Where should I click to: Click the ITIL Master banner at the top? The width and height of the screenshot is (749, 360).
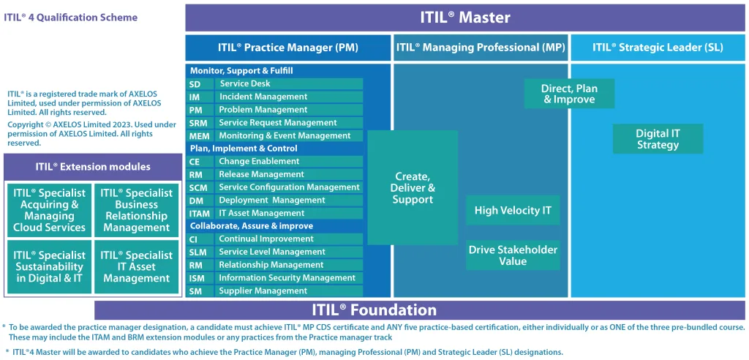[465, 18]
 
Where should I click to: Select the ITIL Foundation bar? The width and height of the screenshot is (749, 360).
[420, 310]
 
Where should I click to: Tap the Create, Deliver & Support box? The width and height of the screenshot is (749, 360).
[413, 188]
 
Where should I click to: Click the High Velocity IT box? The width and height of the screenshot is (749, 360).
[513, 211]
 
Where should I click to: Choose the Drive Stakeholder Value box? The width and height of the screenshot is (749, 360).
[513, 255]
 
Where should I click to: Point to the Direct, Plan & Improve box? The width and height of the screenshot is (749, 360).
[569, 94]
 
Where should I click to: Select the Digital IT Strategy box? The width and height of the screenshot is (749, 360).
[658, 139]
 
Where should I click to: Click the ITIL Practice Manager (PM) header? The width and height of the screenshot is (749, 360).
[287, 48]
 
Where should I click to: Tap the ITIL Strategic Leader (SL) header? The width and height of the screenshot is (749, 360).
[658, 48]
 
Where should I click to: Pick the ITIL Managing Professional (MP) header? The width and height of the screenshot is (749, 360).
[481, 48]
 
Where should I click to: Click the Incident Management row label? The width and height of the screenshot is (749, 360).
[263, 97]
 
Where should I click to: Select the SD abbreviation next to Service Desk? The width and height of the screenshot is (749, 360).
[195, 84]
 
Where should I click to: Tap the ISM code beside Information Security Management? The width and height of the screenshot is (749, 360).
[196, 278]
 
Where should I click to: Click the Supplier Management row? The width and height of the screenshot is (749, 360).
[263, 291]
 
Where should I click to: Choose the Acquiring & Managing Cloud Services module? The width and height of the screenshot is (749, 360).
[49, 210]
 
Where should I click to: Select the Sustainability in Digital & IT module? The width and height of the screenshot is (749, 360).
[49, 267]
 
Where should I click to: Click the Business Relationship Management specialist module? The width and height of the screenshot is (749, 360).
[137, 210]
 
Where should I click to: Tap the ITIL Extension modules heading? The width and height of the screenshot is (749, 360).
[93, 167]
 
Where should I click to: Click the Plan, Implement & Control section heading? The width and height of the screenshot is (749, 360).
[244, 149]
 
